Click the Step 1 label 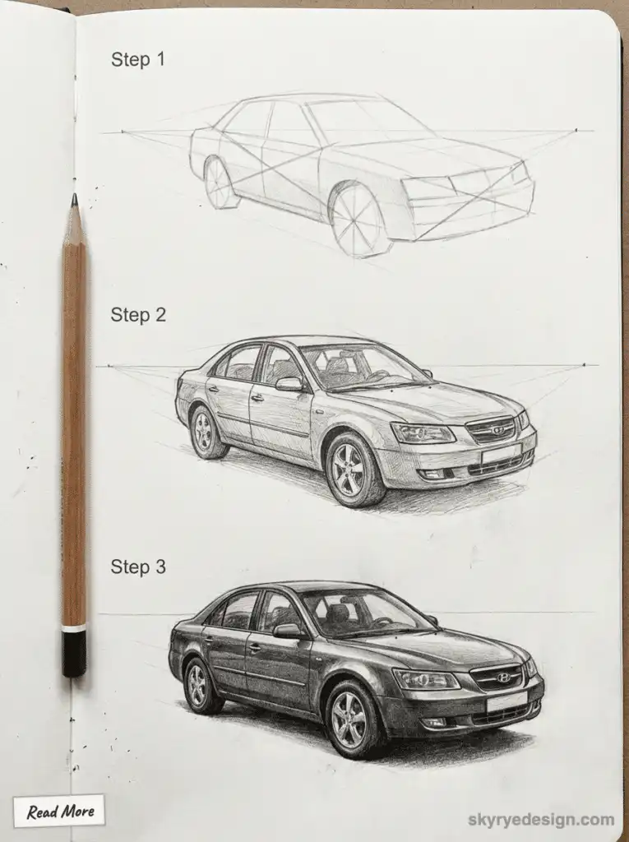[138, 59]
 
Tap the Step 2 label [138, 315]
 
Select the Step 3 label [138, 567]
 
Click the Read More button [59, 812]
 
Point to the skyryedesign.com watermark [541, 819]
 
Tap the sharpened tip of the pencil [74, 199]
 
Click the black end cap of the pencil [74, 653]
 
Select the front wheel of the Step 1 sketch [358, 220]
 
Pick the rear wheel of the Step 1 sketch [219, 183]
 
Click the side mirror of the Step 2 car [289, 383]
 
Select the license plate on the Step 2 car [502, 452]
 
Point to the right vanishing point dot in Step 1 [576, 130]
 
